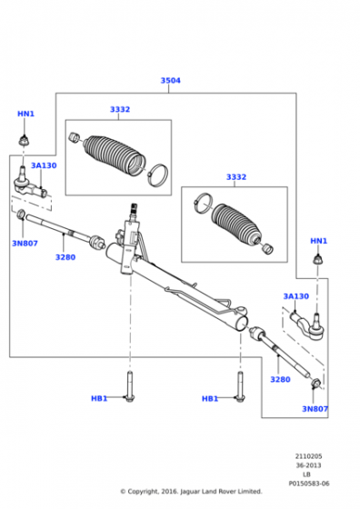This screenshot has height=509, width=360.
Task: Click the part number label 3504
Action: pos(170,80)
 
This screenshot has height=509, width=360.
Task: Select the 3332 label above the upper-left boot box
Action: pos(120,109)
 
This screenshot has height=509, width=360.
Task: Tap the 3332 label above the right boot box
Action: pos(236,177)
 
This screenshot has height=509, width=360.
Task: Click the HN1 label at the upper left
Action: pos(25,114)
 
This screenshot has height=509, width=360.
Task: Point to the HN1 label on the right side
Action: pos(318,241)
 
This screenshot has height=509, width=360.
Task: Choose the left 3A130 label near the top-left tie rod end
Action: pos(44,165)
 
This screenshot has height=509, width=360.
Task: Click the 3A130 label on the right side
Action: pos(295,296)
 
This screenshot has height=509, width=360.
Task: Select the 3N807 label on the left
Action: pos(25,244)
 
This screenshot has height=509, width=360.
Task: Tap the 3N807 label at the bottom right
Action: pos(315,409)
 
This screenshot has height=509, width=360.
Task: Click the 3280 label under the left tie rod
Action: pos(65,257)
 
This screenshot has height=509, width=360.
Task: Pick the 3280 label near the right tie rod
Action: pos(280,379)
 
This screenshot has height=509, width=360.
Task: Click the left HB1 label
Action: pos(99,398)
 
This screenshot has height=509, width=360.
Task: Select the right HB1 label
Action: pos(210,398)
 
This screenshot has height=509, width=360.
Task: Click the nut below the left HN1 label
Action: pos(24,141)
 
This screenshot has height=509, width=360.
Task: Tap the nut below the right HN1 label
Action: pos(318,259)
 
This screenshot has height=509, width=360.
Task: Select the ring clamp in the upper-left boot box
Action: pos(158,175)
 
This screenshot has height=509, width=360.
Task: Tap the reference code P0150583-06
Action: pos(309,484)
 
